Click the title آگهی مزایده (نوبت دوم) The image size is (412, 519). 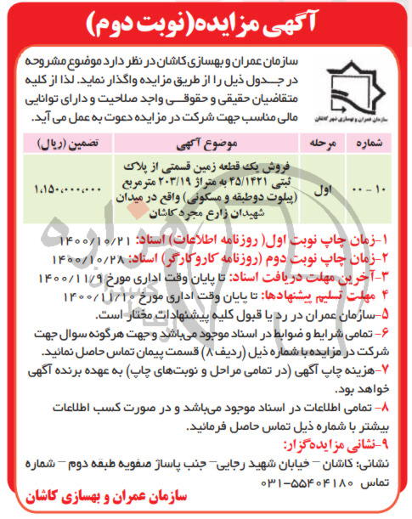[x=206, y=22]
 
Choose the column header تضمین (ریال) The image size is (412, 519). [x=66, y=141]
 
